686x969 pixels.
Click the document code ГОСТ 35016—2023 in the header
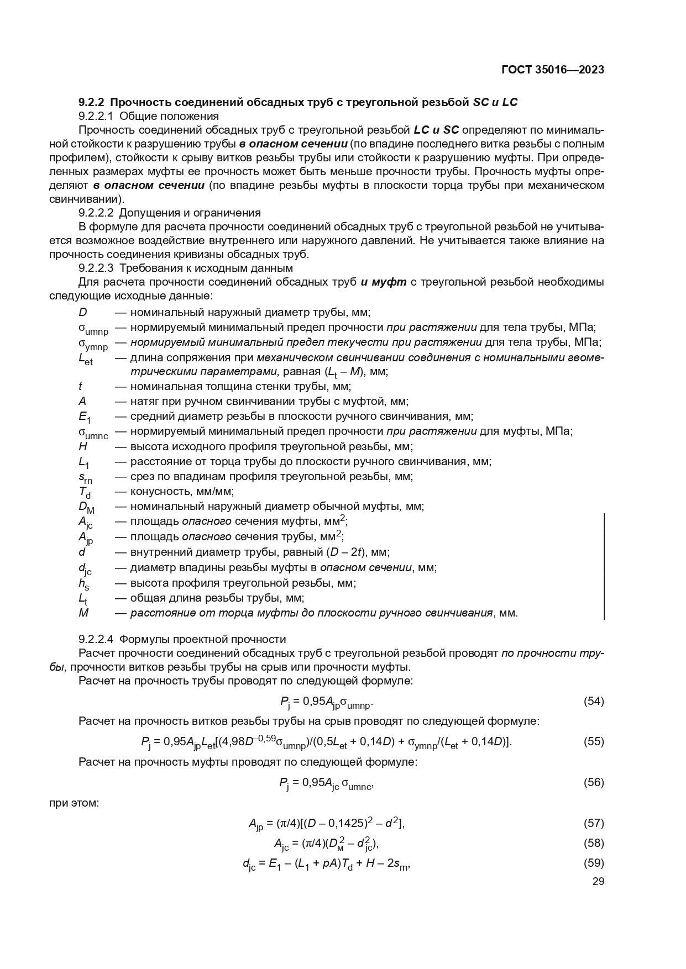point(552,70)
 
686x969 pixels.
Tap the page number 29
point(598,881)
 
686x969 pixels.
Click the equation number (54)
point(594,702)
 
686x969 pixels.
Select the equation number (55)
point(594,741)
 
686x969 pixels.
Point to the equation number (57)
point(594,823)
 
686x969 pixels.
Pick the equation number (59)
point(594,863)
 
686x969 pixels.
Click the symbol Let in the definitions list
point(85,359)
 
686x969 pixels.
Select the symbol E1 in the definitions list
point(85,418)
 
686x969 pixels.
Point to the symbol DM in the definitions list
point(86,508)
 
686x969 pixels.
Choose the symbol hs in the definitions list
point(83,584)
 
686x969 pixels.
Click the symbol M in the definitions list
point(83,613)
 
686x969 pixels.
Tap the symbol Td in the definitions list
point(85,492)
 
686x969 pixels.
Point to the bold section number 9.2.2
point(92,102)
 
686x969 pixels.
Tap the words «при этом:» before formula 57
point(74,802)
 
